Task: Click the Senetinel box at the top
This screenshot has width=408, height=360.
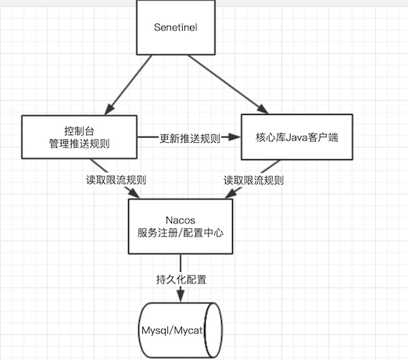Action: (x=176, y=27)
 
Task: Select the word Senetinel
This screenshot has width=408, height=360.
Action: (x=176, y=27)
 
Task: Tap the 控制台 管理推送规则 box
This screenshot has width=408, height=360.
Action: (x=79, y=137)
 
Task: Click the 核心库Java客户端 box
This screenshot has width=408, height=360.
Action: (x=297, y=137)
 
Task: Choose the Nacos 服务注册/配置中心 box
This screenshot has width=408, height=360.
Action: (x=181, y=226)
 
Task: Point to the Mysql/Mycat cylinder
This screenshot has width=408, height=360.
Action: (x=180, y=330)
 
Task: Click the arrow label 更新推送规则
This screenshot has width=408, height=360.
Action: (x=190, y=138)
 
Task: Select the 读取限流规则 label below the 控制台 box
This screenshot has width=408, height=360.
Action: (x=116, y=180)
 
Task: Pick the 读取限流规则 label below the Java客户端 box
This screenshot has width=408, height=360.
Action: (x=254, y=180)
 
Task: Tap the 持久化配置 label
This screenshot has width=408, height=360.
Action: (x=181, y=280)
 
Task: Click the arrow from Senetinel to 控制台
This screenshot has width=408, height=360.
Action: (x=128, y=85)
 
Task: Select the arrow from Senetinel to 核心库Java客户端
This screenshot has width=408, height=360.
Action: (x=228, y=84)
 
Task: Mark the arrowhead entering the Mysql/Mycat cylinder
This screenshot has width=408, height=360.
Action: (x=181, y=295)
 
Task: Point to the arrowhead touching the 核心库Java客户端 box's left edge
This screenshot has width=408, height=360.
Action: (x=234, y=137)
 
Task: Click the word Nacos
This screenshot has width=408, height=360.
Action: (x=181, y=220)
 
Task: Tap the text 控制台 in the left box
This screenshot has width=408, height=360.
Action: (x=79, y=131)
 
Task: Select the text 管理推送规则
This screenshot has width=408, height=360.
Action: (x=79, y=144)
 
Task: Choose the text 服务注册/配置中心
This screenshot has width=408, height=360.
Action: (x=181, y=233)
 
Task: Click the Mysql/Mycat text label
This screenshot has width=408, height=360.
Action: (x=172, y=330)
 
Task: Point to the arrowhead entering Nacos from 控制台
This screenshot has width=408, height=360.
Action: (x=134, y=194)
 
